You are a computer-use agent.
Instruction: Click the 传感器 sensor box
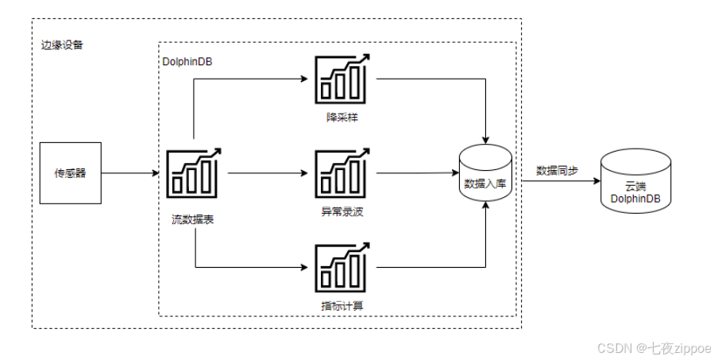(71, 172)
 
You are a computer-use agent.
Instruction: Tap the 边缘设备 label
(61, 45)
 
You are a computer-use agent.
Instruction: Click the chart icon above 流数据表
(194, 172)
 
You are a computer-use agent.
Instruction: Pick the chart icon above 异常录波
(342, 172)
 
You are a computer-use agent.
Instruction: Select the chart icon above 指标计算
(342, 266)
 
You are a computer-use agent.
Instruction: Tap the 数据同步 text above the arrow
(558, 170)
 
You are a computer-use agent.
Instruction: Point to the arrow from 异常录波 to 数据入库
(417, 172)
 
